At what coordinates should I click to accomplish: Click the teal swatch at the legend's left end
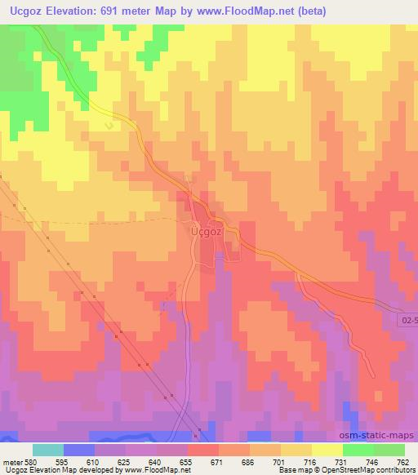48,450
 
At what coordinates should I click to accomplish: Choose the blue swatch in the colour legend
79,450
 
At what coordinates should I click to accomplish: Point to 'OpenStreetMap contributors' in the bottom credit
375,471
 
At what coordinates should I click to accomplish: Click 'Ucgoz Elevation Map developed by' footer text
52,471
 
